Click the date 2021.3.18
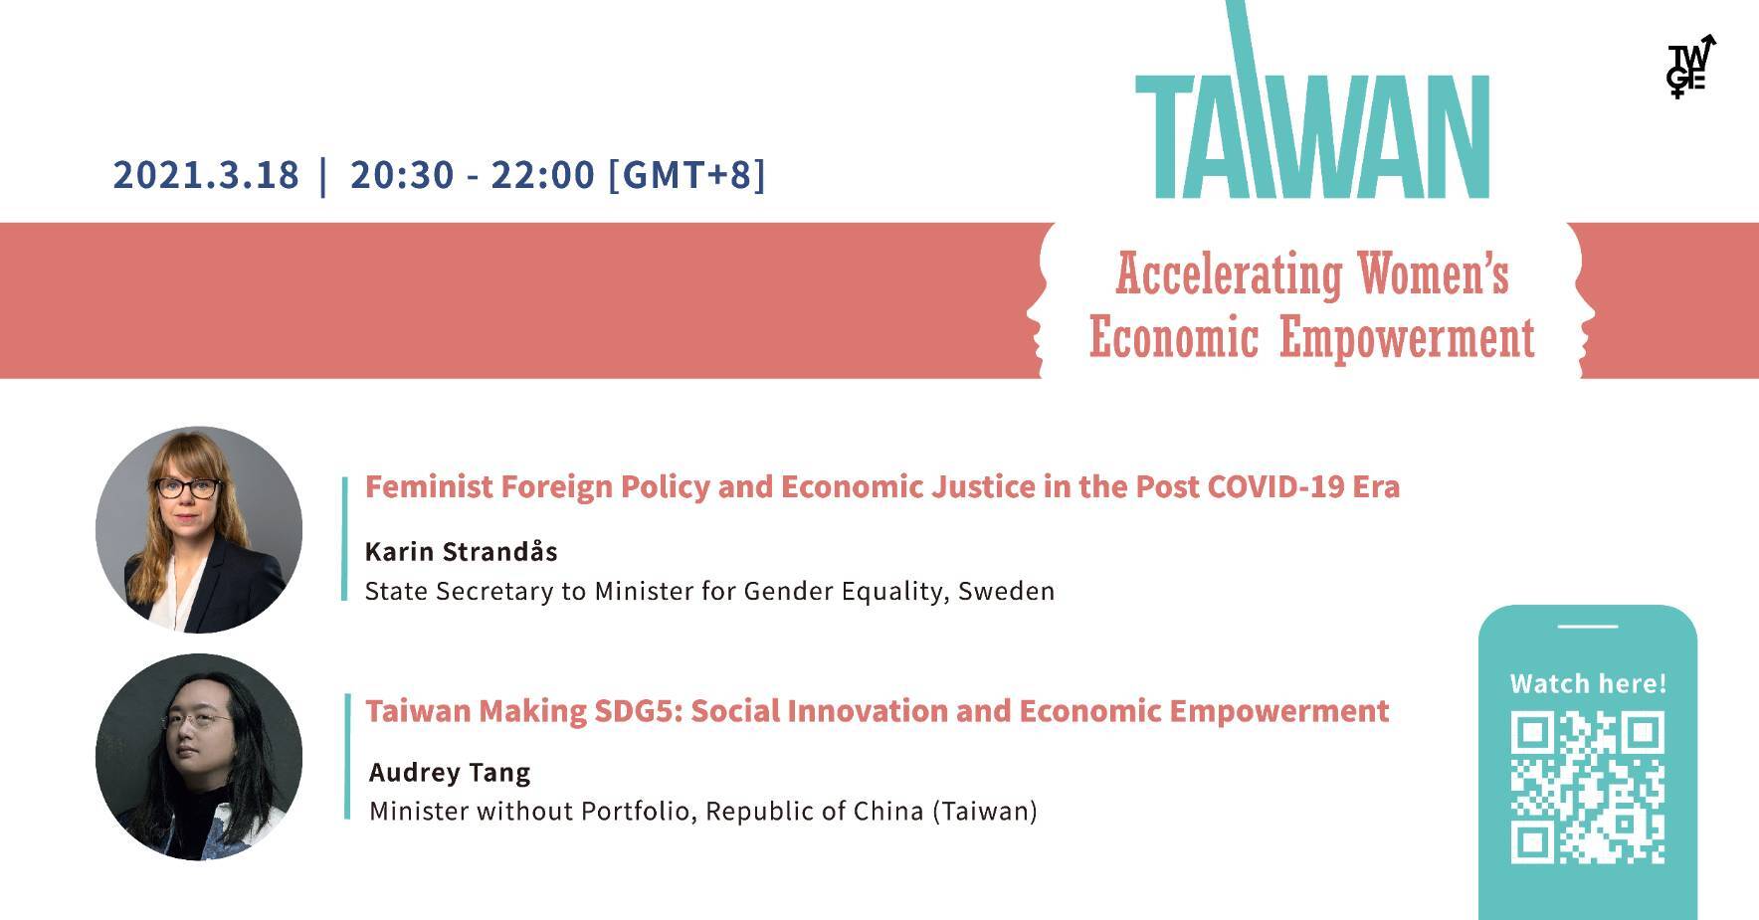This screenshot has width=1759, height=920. click(x=206, y=175)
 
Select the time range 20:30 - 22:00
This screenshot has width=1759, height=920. click(x=473, y=175)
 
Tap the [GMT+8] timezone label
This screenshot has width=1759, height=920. click(x=687, y=175)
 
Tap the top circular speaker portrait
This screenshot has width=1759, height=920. click(x=199, y=530)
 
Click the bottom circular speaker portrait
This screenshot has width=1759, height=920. click(x=199, y=757)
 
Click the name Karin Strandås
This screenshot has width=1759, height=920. click(x=462, y=551)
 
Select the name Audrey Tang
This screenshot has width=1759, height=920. click(x=450, y=773)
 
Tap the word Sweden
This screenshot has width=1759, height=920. click(x=1006, y=591)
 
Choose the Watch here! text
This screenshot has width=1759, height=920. click(x=1588, y=683)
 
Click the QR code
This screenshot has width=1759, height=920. click(x=1588, y=787)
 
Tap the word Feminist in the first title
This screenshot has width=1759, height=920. click(x=428, y=487)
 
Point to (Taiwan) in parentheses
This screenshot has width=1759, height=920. click(x=985, y=812)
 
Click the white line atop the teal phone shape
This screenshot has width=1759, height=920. click(x=1588, y=627)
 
